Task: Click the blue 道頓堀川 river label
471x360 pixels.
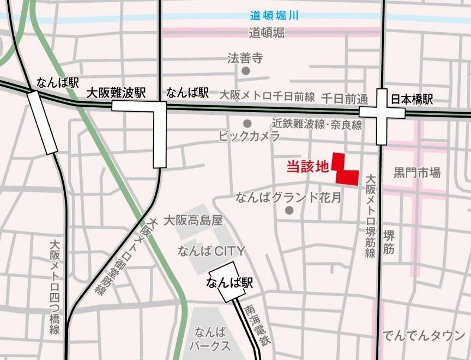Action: [274, 16]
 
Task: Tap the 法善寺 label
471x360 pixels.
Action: [245, 58]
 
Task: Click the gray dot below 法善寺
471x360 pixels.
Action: [246, 71]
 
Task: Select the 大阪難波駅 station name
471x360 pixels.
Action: [117, 93]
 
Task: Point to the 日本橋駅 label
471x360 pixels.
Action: [412, 100]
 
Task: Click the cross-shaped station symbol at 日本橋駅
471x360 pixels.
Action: [382, 113]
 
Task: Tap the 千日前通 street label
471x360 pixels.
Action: [345, 99]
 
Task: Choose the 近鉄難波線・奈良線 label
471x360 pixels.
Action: [318, 125]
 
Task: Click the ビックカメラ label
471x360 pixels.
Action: [249, 136]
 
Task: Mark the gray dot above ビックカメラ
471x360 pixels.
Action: [248, 123]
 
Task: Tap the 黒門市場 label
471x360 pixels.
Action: [417, 173]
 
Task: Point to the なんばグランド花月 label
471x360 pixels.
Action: [288, 197]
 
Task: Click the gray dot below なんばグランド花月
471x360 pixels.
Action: [289, 210]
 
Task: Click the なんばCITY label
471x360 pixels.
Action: [212, 251]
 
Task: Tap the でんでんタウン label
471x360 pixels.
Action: [424, 335]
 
